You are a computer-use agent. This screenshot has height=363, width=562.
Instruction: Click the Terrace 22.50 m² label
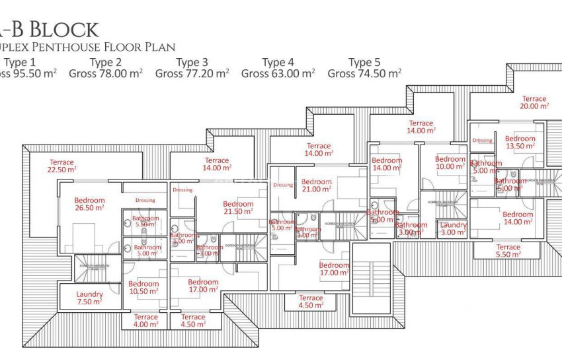[x=62, y=166]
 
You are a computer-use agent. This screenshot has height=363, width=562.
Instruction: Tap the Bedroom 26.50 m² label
[x=89, y=204]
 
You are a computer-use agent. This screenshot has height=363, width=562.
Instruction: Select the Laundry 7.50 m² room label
[x=89, y=298]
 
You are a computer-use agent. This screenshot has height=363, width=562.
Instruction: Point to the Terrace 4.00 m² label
[x=145, y=321]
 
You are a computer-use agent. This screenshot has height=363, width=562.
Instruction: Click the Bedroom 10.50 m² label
[x=143, y=288]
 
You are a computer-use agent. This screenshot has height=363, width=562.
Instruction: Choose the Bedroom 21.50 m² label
[x=237, y=208]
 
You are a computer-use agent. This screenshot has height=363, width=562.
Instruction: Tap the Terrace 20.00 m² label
[x=534, y=102]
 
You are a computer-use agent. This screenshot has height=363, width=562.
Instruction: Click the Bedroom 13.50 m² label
[x=520, y=143]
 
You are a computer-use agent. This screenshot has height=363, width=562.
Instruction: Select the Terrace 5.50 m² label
[x=508, y=251]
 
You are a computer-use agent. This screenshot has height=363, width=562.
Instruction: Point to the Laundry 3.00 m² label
[x=453, y=228]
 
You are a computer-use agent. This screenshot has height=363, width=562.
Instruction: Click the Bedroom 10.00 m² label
[x=450, y=163]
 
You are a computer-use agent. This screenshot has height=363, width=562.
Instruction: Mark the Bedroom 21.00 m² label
[x=316, y=185]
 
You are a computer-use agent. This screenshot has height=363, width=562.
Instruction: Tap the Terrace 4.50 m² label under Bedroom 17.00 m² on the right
[x=310, y=302]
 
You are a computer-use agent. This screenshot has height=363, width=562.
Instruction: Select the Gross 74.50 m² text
[x=364, y=74]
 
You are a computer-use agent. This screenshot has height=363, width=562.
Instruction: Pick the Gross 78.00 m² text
[x=106, y=74]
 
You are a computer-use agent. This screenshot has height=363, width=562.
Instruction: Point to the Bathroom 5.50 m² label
[x=145, y=222]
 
